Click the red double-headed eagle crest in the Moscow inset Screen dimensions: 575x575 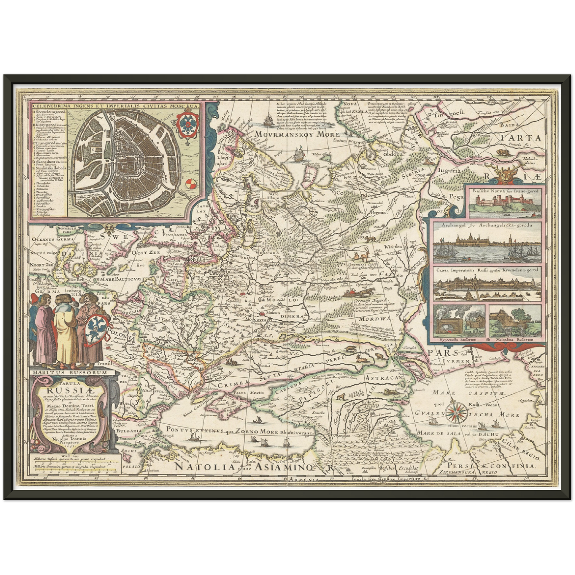[x=186, y=124]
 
